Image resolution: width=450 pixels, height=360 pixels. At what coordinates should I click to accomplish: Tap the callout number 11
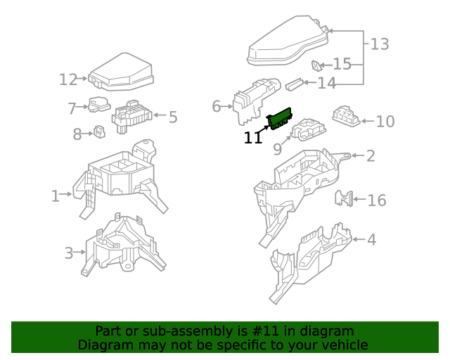tap(253, 138)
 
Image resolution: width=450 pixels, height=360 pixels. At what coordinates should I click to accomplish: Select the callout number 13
tap(380, 44)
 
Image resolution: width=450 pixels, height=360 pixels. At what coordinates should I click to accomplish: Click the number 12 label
tap(68, 79)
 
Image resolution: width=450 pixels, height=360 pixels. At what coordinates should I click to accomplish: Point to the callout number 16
tap(377, 200)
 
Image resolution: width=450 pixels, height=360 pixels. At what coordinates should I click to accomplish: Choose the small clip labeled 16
tap(344, 198)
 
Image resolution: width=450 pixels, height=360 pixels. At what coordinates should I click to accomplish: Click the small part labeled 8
tap(99, 131)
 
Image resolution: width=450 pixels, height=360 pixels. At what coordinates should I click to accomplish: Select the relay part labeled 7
tap(98, 105)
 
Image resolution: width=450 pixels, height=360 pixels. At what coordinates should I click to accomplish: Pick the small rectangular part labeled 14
tap(295, 84)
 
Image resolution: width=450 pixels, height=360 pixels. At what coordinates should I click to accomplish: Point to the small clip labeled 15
tap(317, 66)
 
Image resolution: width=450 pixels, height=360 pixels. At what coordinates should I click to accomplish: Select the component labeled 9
tap(307, 129)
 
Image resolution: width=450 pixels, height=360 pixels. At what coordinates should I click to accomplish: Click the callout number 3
tap(69, 253)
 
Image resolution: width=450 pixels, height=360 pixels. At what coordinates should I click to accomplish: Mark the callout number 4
tap(371, 240)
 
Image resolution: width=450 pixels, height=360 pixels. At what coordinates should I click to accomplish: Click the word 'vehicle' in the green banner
tap(344, 345)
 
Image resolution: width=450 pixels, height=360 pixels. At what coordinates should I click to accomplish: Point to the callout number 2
tap(371, 155)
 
